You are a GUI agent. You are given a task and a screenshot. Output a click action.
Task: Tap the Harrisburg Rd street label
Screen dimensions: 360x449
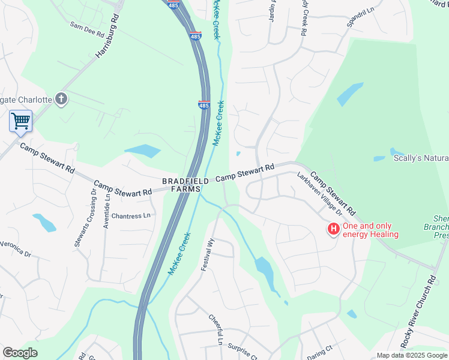point(107,37)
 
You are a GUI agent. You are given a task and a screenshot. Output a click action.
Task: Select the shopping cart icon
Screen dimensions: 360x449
point(20,121)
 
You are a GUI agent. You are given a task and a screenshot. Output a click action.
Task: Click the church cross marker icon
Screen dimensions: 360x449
point(61,99)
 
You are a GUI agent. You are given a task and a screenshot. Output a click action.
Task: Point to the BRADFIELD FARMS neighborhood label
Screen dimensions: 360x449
point(185,185)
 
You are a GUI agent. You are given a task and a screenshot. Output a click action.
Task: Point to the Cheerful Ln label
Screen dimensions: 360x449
point(215,330)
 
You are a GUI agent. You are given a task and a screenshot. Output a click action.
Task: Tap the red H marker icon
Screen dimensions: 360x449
point(333,229)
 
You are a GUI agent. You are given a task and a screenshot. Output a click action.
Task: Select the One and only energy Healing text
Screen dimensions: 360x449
point(370,230)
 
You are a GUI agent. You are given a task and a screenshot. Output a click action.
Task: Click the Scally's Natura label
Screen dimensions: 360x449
point(420,158)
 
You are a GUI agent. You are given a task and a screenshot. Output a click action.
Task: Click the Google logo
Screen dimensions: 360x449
point(20,353)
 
